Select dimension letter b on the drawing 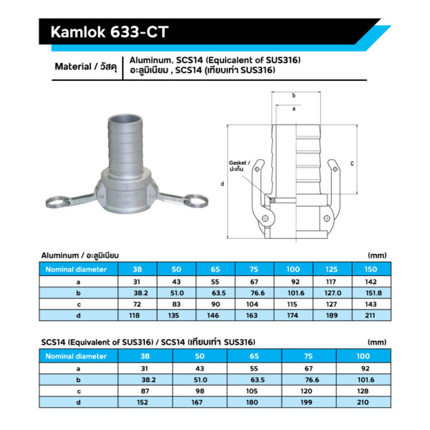click(294, 95)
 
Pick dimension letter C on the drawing click(352, 163)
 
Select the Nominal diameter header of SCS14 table click(76, 355)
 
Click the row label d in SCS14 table click(76, 403)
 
